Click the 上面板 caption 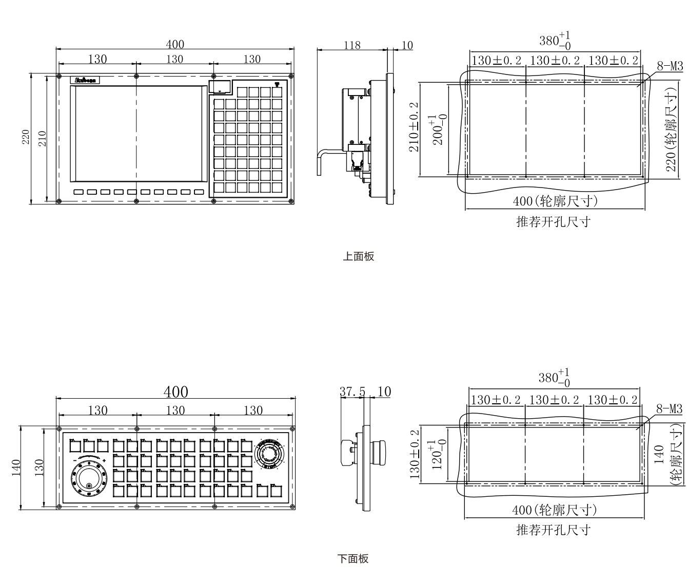[x=358, y=256]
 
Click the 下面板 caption [x=352, y=558]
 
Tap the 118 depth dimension [x=351, y=45]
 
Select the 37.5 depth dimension [x=352, y=391]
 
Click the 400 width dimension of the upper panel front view [x=175, y=44]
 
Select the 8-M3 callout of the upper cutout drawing [x=670, y=66]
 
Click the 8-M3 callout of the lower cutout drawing [x=669, y=409]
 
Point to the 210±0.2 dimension [x=414, y=126]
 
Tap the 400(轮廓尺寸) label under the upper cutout [x=555, y=201]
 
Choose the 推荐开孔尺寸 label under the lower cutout [x=553, y=530]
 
